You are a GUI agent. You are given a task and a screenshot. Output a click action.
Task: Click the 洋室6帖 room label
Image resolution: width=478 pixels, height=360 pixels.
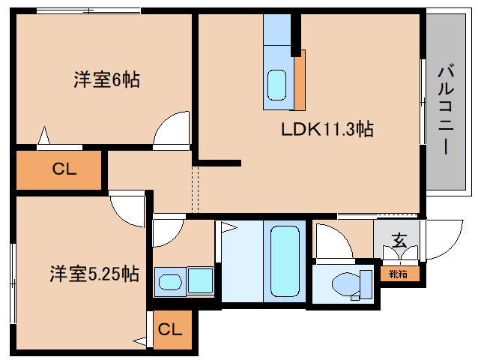pyautogui.click(x=106, y=79)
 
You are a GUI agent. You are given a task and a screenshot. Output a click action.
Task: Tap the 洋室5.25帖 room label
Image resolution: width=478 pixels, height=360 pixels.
pyautogui.click(x=94, y=273)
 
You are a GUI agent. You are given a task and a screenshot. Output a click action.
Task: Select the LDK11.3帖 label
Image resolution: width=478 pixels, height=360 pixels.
pyautogui.click(x=327, y=129)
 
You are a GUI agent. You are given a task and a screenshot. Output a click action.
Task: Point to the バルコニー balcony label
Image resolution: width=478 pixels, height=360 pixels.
pyautogui.click(x=446, y=108)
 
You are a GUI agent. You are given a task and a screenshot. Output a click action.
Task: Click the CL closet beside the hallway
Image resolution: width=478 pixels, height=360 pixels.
pyautogui.click(x=58, y=170)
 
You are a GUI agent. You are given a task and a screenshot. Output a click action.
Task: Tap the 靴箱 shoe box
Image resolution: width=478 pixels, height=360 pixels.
pyautogui.click(x=399, y=274)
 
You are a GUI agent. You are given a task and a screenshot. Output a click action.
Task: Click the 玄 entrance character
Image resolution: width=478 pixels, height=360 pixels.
pyautogui.click(x=399, y=240)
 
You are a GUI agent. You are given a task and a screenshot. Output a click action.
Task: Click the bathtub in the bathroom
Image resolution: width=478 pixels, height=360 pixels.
pyautogui.click(x=285, y=261)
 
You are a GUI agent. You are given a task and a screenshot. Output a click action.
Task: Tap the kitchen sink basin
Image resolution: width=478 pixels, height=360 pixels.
pyautogui.click(x=276, y=85)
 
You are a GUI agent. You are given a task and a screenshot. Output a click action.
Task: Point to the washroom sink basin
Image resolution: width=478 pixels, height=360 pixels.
pyautogui.click(x=170, y=282)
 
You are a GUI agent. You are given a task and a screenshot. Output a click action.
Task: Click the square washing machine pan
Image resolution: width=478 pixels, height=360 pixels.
pyautogui.click(x=200, y=280)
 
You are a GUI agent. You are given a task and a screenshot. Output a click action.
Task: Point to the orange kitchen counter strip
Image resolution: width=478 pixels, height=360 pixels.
pyautogui.click(x=300, y=80)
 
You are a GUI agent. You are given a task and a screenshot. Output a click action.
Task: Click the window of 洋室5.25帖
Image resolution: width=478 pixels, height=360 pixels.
pyautogui.click(x=13, y=283)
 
